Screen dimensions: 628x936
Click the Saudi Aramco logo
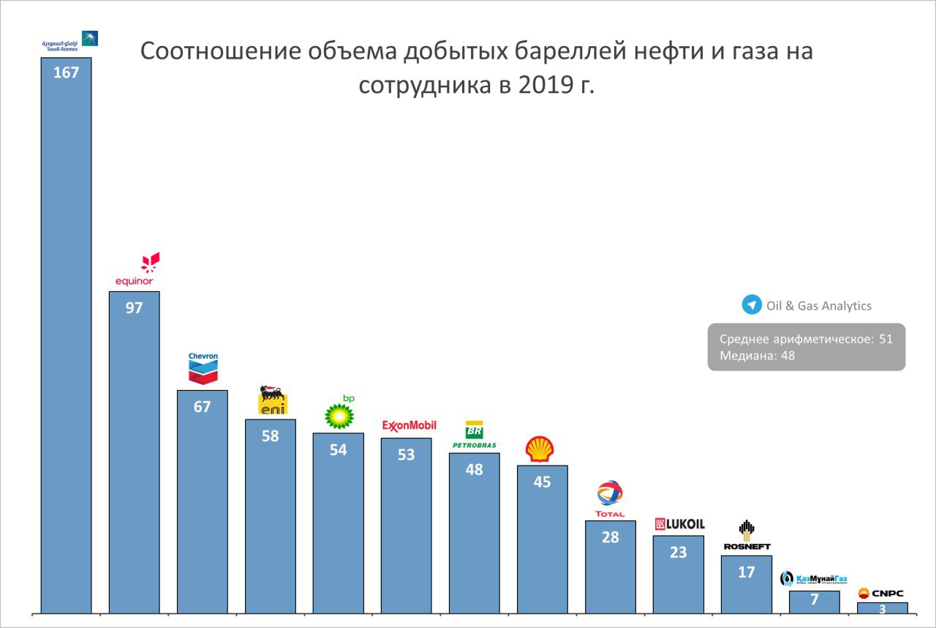[x=69, y=41]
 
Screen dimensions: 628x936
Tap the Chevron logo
[x=203, y=368]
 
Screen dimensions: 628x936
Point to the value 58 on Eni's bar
[x=270, y=436]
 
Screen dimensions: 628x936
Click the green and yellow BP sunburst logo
[x=339, y=414]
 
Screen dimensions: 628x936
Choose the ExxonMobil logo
[x=409, y=425]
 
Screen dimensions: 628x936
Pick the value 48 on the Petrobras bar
[x=474, y=470]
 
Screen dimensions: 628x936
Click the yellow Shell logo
[x=540, y=449]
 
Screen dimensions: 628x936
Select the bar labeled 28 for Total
[x=610, y=567]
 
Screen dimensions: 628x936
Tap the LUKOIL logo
[x=679, y=524]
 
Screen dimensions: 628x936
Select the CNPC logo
[x=882, y=593]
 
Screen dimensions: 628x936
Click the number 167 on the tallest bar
[x=66, y=72]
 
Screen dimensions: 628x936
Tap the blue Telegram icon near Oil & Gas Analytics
[x=752, y=305]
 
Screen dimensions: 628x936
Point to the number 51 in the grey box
[x=886, y=340]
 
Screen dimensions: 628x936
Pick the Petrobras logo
[x=474, y=435]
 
